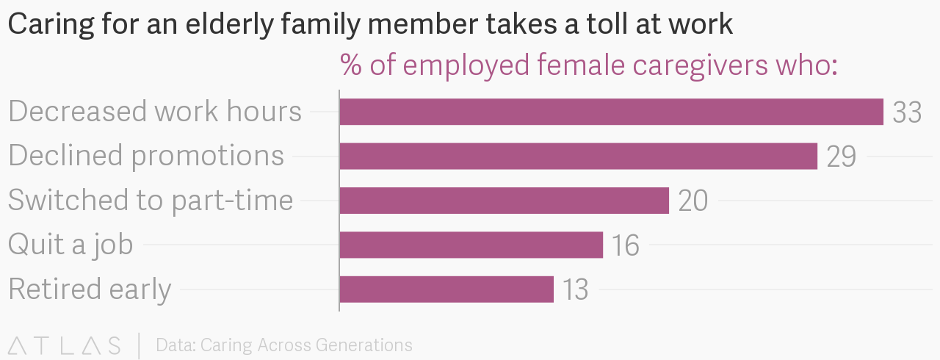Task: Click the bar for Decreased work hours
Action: [x=611, y=112]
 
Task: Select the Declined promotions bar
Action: [x=578, y=156]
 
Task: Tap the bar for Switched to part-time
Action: [x=504, y=201]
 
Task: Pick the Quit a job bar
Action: [x=471, y=245]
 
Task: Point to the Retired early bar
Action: [x=446, y=289]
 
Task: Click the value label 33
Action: [x=907, y=112]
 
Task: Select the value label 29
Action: [x=841, y=156]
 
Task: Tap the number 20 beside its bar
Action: [x=693, y=201]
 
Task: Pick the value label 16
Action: [x=625, y=245]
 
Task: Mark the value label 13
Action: [x=575, y=290]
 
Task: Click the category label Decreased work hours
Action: [x=155, y=112]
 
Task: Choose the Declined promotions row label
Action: [x=146, y=156]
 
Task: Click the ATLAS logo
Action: [x=64, y=345]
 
